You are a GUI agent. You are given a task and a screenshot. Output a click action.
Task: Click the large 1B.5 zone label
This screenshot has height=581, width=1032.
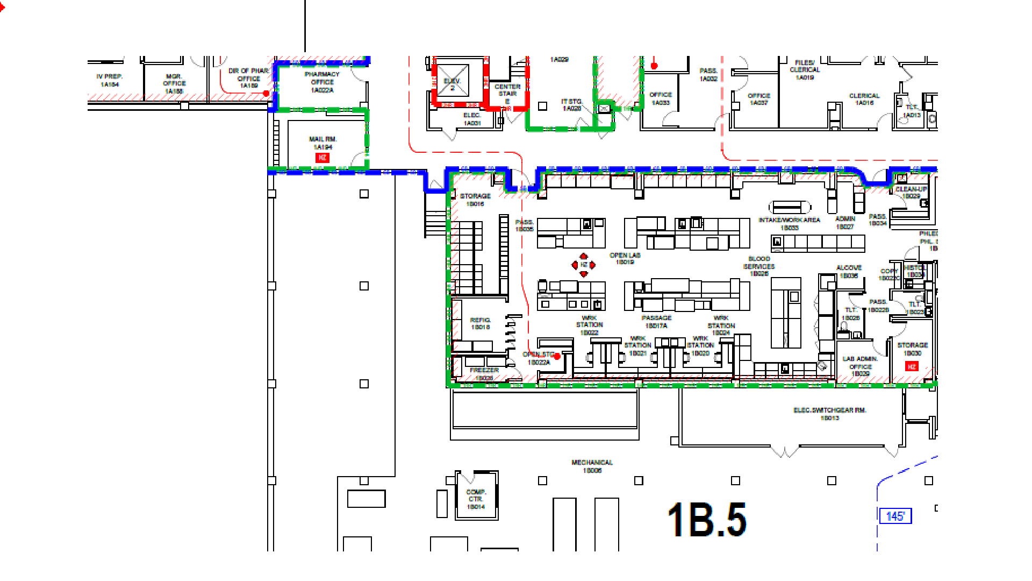pos(706,520)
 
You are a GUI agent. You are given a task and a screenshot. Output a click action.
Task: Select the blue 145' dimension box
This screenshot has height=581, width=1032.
pos(895,516)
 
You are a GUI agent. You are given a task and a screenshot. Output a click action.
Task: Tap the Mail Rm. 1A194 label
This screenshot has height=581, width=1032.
pos(322,143)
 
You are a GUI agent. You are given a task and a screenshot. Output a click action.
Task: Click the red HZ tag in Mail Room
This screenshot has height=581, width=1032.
pos(322,158)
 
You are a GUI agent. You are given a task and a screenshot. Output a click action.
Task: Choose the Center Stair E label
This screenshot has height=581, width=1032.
pos(507,94)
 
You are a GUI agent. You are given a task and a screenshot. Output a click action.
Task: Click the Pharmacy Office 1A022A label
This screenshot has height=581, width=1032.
pos(322,82)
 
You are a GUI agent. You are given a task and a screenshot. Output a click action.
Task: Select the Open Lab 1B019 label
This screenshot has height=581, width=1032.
pos(625,259)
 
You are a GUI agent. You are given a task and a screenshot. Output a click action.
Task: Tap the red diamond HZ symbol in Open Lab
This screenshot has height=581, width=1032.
pos(583,265)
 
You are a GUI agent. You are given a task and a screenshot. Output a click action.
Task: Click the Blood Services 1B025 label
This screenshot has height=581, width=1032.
pos(759,266)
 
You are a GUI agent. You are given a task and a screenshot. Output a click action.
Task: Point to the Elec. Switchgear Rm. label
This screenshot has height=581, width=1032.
pos(829,414)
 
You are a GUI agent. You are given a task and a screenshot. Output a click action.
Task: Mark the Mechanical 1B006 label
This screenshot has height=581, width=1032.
pos(592,466)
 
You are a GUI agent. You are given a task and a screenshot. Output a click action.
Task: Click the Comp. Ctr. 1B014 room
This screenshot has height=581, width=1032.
pos(476,499)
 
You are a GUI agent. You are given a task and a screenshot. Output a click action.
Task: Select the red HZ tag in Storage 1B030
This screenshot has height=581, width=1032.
pos(912,366)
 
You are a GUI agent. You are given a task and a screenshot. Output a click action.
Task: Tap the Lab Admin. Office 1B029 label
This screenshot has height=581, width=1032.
pos(860,366)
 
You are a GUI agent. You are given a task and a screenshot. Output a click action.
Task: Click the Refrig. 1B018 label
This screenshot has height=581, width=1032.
pos(480,323)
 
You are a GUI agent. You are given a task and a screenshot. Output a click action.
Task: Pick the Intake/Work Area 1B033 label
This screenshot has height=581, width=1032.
pos(789,224)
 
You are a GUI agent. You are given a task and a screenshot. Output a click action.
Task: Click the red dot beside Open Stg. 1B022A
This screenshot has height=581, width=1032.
pos(557,356)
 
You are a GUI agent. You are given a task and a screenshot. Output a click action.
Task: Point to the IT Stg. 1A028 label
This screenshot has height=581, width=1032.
pos(571,105)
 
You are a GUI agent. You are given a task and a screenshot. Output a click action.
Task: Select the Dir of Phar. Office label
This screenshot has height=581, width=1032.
pos(248,78)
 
